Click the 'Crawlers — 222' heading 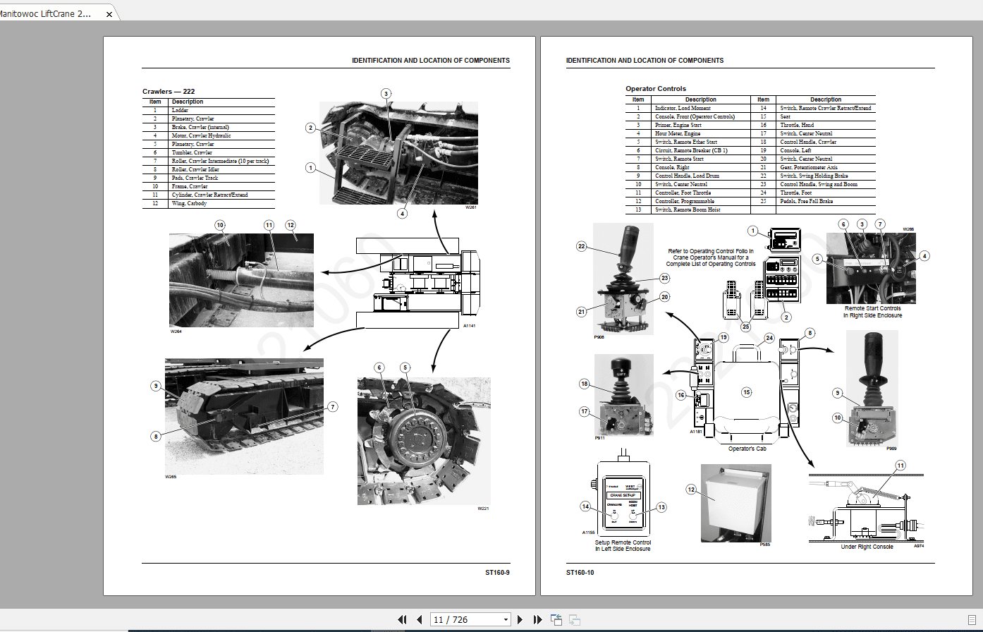[x=169, y=91]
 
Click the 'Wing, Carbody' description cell [x=189, y=203]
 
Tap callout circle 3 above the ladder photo [x=386, y=93]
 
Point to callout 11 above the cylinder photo [x=269, y=225]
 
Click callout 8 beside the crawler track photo [x=156, y=437]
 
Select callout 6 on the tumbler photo [x=379, y=367]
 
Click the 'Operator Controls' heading [x=655, y=89]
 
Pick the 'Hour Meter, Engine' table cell [x=678, y=133]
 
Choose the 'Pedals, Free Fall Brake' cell [x=806, y=201]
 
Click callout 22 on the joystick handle [x=581, y=246]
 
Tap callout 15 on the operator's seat [x=746, y=391]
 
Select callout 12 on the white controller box [x=691, y=488]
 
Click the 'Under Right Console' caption [x=867, y=547]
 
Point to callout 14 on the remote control [x=585, y=506]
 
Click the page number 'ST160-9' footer [x=496, y=572]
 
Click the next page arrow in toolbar [x=520, y=619]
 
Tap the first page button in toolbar [x=402, y=619]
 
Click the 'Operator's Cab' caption [x=747, y=449]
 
